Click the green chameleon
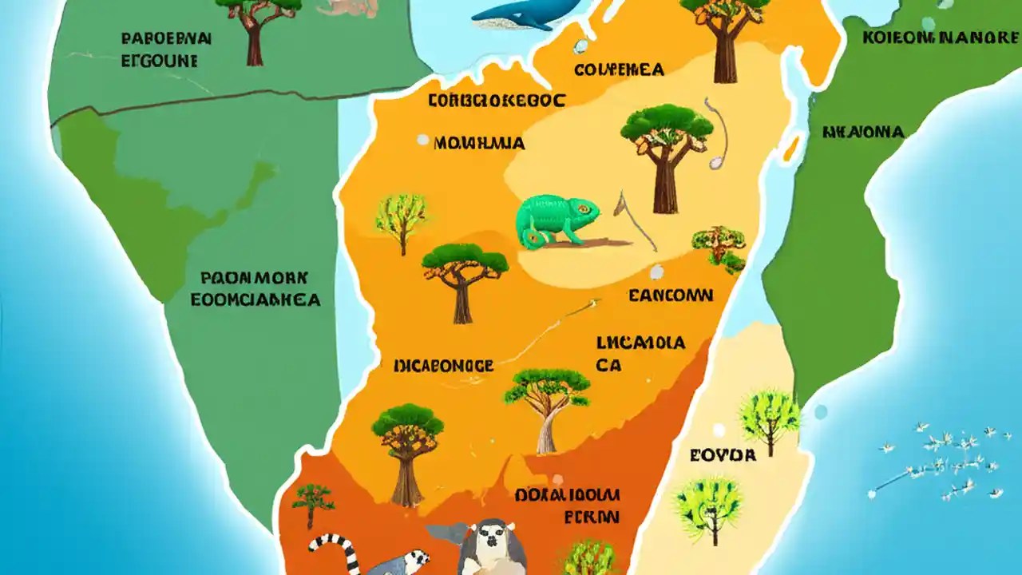[x=556, y=220]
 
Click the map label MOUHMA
[x=479, y=144]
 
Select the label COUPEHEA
[x=619, y=70]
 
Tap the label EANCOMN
[x=671, y=295]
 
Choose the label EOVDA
[x=723, y=455]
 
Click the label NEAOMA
[x=863, y=133]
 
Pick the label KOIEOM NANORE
[x=941, y=38]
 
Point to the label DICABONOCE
[x=444, y=366]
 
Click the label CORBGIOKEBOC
[x=497, y=101]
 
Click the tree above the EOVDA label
[x=769, y=415]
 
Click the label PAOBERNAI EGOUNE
[x=166, y=49]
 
